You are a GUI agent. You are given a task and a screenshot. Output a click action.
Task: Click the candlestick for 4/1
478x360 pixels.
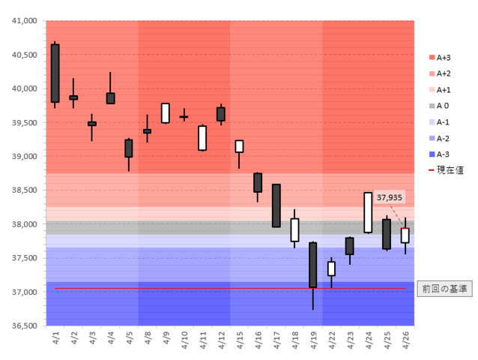[x=55, y=73]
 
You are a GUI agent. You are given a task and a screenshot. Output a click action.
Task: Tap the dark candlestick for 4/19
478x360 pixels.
[x=312, y=264]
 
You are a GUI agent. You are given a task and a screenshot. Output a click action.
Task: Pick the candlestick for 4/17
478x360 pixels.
[x=276, y=205]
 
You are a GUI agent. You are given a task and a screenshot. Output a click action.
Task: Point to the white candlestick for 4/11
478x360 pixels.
[x=202, y=138]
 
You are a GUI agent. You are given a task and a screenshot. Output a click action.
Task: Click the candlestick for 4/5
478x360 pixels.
[x=129, y=148]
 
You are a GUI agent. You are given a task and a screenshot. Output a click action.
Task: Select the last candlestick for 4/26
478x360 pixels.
[x=405, y=235]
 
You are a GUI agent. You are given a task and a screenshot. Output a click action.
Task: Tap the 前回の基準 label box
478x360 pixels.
[x=444, y=289]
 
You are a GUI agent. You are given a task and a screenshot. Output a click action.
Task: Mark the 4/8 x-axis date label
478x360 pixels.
[x=148, y=336]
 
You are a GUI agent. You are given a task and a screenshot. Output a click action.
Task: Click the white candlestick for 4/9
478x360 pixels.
[x=166, y=113]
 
